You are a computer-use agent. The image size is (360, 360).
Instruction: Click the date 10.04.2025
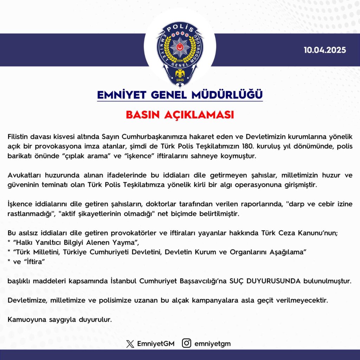(325, 50)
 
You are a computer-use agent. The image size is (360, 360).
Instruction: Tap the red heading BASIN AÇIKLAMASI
(180, 115)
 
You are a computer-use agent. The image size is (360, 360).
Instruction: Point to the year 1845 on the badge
(180, 79)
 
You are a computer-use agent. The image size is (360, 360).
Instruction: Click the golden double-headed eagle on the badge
(180, 73)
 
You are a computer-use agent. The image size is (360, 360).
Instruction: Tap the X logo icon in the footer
(130, 343)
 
